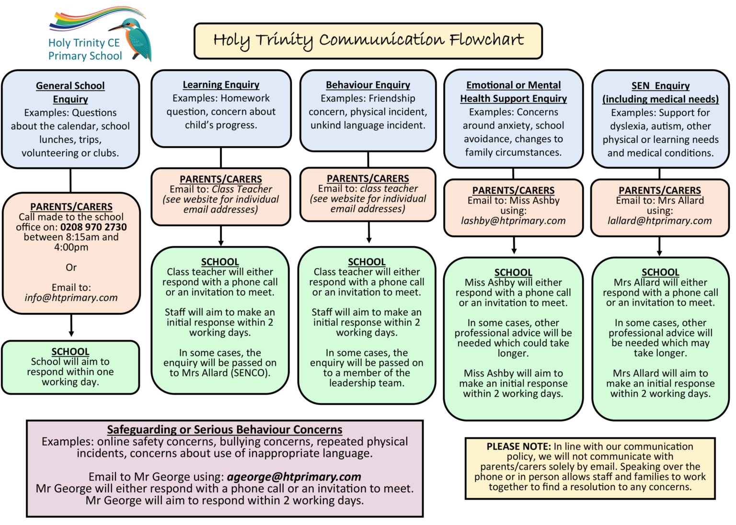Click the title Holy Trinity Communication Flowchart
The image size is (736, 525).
pos(368,40)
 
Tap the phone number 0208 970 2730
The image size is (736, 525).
pos(93,227)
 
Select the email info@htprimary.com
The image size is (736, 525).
pos(71,297)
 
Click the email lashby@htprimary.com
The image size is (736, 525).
pos(513,221)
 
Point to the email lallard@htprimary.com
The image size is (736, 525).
pos(660,221)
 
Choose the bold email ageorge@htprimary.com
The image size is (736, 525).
pos(294,477)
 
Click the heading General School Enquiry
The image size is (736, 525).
pos(70,92)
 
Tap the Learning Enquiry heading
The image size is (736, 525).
pos(221,85)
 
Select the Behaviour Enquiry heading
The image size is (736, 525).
pos(368,85)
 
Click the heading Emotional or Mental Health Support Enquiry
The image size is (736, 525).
pos(513,91)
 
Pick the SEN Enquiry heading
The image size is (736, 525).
pos(660,92)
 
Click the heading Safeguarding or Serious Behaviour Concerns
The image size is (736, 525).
pos(225,429)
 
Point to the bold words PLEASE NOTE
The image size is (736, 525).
pos(518,446)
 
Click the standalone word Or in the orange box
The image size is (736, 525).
pos(71,267)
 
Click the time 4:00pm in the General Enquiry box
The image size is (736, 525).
pos(71,247)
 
